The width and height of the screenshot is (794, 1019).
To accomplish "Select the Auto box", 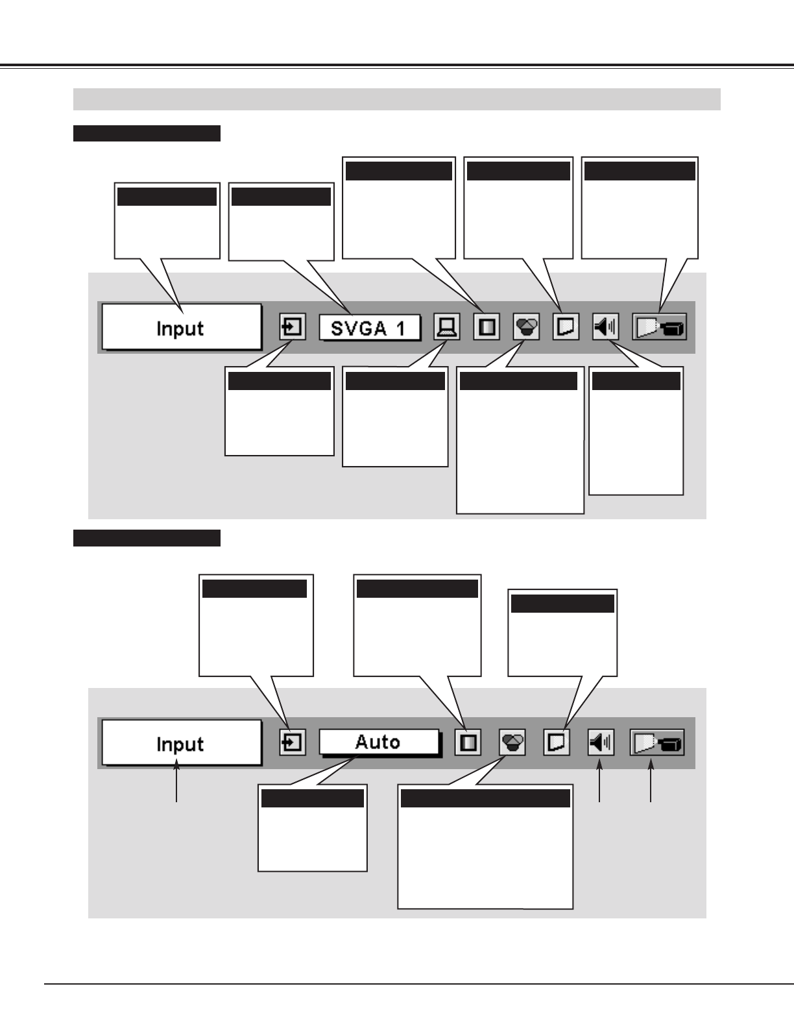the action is point(378,742).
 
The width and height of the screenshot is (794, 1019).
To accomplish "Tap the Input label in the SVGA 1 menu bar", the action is point(180,328).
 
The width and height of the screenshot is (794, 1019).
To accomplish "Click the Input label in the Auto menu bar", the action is point(180,744).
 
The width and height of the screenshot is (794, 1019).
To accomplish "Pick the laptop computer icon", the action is point(446,327).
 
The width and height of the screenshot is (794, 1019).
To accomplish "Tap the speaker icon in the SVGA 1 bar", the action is point(606,327).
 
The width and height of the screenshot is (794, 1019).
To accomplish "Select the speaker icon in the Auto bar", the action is point(601,742).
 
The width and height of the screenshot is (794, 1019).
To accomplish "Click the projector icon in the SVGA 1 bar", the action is point(660,327).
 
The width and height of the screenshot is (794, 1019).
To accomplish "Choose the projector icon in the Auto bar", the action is point(656,743).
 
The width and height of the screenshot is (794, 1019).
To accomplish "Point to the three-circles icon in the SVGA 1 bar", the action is point(526,327).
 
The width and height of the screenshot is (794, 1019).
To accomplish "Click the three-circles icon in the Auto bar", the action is point(512,743).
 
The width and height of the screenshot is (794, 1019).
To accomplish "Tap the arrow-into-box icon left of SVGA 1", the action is point(293,327).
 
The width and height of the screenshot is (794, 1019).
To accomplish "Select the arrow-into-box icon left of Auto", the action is point(293,743).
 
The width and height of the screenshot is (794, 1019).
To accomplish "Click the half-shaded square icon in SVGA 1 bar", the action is point(487,327).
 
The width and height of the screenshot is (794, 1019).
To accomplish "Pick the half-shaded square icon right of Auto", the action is point(468,743).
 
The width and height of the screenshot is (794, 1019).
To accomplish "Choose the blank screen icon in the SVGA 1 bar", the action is point(566,327).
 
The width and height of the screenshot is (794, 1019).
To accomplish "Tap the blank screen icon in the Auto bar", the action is point(556,743).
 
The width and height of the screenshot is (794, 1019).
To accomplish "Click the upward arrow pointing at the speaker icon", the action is point(599,784).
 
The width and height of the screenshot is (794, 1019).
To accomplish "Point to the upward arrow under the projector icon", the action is point(651,784).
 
